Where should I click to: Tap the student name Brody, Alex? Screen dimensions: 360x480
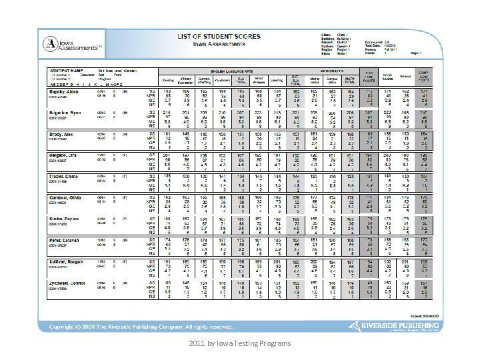[x=60, y=134]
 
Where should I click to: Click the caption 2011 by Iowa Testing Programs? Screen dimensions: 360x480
[x=239, y=344]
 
